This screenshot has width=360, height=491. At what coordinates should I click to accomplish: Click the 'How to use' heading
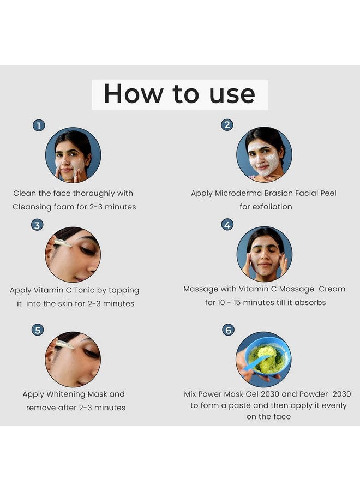[x=179, y=94]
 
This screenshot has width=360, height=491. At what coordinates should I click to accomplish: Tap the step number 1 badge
[x=38, y=125]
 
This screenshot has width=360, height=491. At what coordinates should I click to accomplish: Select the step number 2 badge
[x=227, y=125]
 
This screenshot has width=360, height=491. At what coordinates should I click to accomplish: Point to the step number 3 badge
[x=37, y=225]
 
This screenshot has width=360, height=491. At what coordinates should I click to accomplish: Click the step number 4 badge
[x=227, y=225]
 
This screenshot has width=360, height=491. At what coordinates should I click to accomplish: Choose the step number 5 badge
[x=37, y=330]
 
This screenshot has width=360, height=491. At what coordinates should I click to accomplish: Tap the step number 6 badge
[x=227, y=330]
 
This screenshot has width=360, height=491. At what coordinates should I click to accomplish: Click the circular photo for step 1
[x=73, y=155]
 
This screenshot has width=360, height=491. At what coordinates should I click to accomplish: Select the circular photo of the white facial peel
[x=264, y=154]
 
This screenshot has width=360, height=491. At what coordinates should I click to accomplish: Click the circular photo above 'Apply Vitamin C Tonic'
[x=73, y=254]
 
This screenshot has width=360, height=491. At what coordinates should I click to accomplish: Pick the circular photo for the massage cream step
[x=264, y=254]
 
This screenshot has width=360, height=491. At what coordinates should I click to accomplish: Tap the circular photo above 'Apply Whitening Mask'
[x=73, y=359]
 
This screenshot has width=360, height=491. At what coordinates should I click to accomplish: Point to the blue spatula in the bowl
[x=256, y=363]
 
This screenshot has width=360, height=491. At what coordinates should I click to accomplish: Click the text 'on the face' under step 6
[x=268, y=416]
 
